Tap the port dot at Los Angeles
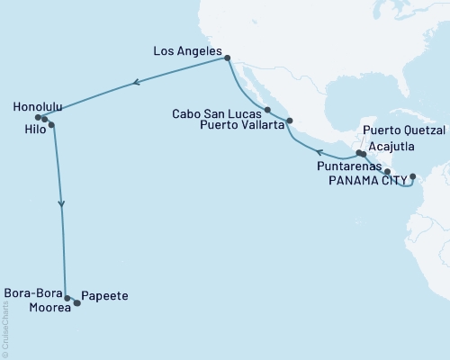pyautogui.click(x=227, y=58)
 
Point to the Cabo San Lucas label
pyautogui.click(x=215, y=112)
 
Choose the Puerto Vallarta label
pyautogui.click(x=238, y=125)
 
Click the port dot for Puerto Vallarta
pyautogui.click(x=288, y=120)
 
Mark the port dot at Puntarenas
pyautogui.click(x=387, y=171)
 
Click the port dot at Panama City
pyautogui.click(x=413, y=176)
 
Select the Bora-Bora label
pyautogui.click(x=32, y=293)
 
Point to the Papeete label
pyautogui.click(x=104, y=295)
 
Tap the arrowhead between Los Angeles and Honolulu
pyautogui.click(x=135, y=84)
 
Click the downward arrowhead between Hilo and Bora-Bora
pyautogui.click(x=61, y=203)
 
